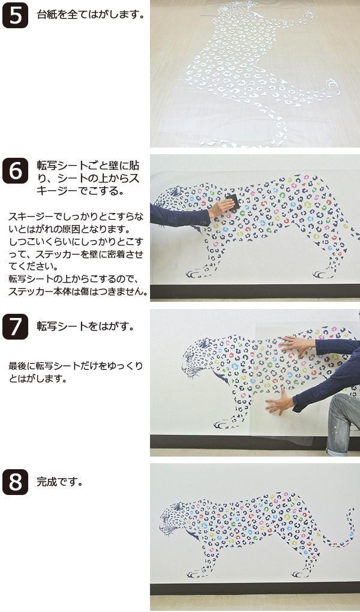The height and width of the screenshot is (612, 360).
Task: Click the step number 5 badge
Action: pos(15,15)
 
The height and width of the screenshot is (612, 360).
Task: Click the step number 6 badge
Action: pos(15,170)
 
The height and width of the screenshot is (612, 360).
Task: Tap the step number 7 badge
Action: pos(15,326)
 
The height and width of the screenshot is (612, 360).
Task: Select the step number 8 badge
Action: pos(15,482)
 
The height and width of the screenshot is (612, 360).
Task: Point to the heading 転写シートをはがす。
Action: pos(86,326)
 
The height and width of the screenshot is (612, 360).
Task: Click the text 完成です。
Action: pos(60,482)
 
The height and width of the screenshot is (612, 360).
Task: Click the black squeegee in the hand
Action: pos(233,202)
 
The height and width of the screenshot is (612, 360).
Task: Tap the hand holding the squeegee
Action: pos(221,208)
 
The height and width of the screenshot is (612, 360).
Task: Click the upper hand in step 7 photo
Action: pos(297,346)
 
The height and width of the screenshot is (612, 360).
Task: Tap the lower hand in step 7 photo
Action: pos(280,402)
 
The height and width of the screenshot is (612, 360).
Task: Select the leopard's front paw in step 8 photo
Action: pos(195,574)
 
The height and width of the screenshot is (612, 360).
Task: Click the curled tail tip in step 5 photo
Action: pos(332,86)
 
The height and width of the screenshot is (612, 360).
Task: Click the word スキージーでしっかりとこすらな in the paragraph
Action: pos(76,217)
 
